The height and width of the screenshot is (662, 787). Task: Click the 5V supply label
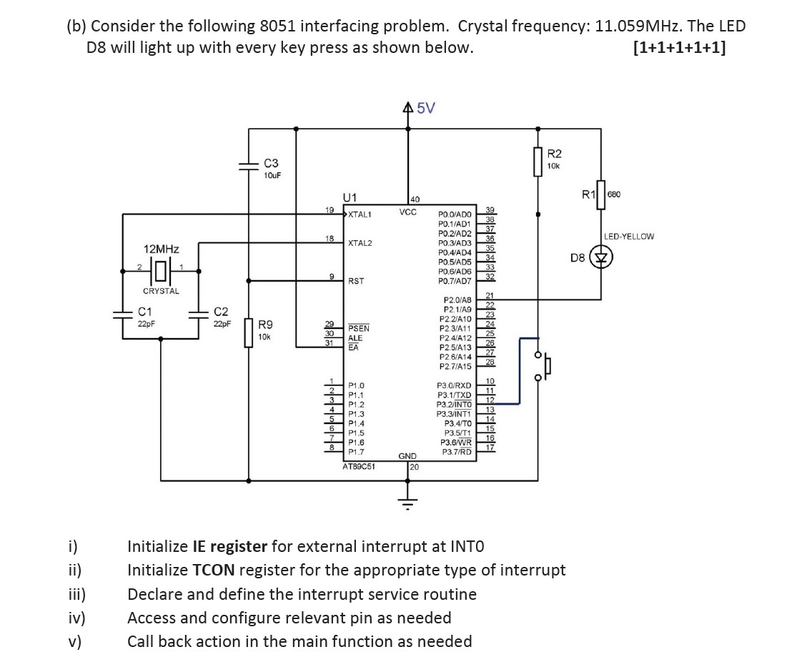pyautogui.click(x=425, y=109)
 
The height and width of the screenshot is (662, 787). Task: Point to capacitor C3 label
pyautogui.click(x=271, y=163)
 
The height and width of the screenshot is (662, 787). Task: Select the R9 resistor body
pyautogui.click(x=249, y=332)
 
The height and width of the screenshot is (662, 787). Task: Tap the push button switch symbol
pyautogui.click(x=545, y=366)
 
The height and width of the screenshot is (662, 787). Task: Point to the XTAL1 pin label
pyautogui.click(x=360, y=214)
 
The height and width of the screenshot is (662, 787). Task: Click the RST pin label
pyautogui.click(x=355, y=282)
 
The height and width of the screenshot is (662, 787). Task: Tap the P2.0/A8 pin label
pyautogui.click(x=457, y=300)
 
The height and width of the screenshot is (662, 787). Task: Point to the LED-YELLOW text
pyautogui.click(x=628, y=236)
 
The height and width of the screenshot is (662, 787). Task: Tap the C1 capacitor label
pyautogui.click(x=146, y=312)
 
